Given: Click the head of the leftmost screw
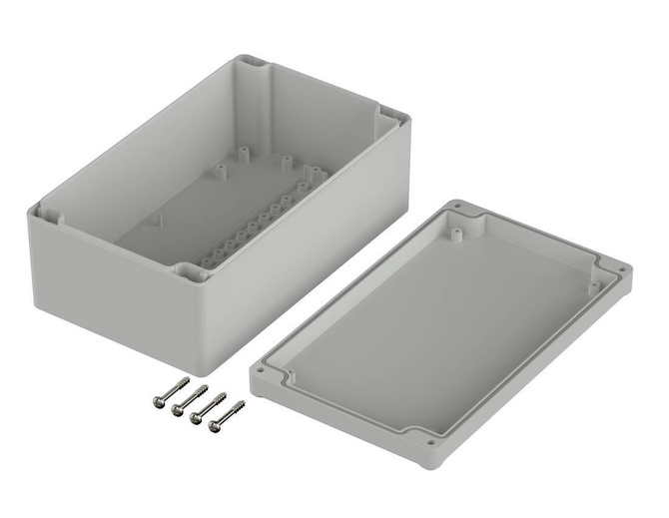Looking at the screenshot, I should [x=158, y=400].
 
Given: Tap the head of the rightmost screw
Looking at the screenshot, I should [x=213, y=430].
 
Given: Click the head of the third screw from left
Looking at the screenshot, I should [x=195, y=419].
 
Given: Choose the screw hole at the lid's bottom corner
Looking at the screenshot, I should [x=430, y=440].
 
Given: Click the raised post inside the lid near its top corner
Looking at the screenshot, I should [x=454, y=234].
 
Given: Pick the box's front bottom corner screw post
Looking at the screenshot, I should [x=188, y=272].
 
